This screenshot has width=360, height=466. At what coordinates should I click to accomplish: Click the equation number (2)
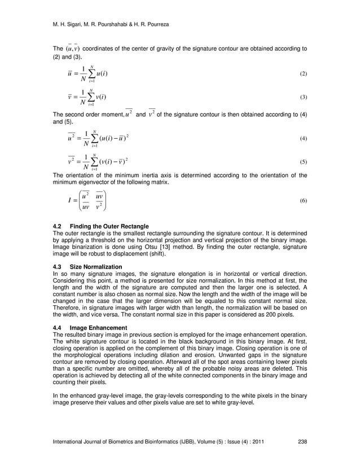click(303, 74)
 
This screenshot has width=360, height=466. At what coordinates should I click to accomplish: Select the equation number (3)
click(303, 98)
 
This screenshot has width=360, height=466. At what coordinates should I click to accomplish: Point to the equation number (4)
click(303, 138)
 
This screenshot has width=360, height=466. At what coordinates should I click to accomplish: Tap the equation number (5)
click(303, 162)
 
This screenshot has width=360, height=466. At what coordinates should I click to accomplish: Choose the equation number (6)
click(303, 201)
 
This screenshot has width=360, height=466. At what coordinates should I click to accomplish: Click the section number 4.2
click(57, 226)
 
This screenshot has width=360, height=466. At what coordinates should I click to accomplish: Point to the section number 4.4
click(57, 327)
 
